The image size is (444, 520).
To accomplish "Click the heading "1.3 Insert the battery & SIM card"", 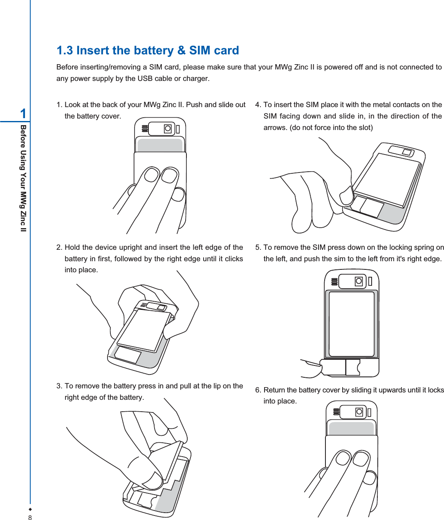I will (x=148, y=50).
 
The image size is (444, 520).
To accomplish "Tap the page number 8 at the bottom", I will (x=30, y=518).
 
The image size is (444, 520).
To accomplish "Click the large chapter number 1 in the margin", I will (x=23, y=113).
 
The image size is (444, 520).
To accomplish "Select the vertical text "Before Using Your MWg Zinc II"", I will (x=24, y=178).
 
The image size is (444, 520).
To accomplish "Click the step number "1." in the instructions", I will (x=59, y=105).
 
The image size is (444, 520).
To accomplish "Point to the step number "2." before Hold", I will (x=59, y=247).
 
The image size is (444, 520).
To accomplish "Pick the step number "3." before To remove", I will (x=59, y=386).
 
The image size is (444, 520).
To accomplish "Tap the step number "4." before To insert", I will (x=258, y=105).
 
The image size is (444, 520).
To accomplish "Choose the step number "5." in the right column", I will (x=258, y=247).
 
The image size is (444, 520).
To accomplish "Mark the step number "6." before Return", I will (x=258, y=390).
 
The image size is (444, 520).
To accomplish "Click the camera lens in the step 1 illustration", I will (x=168, y=129).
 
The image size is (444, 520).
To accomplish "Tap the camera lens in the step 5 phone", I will (x=359, y=281).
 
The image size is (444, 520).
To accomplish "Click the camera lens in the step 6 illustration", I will (x=359, y=412).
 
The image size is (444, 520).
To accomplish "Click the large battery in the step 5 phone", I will (x=352, y=324).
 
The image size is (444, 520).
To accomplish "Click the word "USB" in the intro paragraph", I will (x=145, y=78).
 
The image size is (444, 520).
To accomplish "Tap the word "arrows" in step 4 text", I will (x=276, y=128).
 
